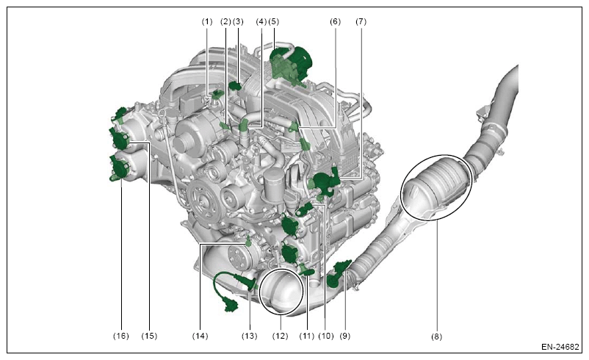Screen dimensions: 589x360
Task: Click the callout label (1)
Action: [x=207, y=22]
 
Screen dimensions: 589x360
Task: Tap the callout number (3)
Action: [x=238, y=22]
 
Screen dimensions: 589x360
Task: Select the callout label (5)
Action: [x=273, y=22]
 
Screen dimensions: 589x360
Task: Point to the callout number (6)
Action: [x=335, y=22]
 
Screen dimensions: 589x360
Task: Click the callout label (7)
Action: [x=361, y=22]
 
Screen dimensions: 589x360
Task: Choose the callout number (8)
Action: [x=436, y=336]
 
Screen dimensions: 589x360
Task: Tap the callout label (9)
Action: [x=345, y=336]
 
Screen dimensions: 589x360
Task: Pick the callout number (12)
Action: [x=281, y=336]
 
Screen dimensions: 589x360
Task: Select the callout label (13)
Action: [x=250, y=336]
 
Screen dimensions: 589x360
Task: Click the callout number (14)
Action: [x=200, y=336]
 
